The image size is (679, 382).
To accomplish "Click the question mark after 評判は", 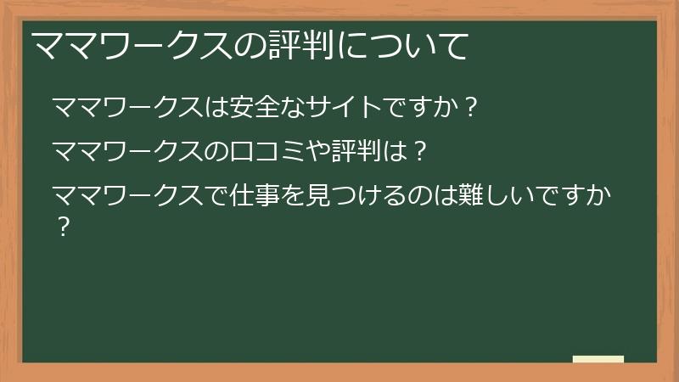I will pyautogui.click(x=417, y=153).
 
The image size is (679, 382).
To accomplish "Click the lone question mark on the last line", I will pyautogui.click(x=61, y=228).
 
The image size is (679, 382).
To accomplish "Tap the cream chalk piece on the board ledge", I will pyautogui.click(x=598, y=359).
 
